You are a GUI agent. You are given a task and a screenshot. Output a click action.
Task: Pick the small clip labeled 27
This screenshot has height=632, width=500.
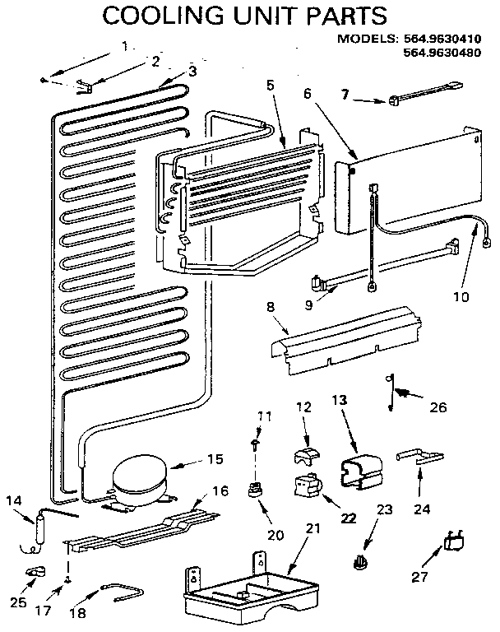[x=453, y=541]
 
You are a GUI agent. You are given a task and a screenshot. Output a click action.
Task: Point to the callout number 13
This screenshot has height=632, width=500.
[x=340, y=400]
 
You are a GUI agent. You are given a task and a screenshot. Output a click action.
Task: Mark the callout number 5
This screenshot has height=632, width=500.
[x=270, y=83]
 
